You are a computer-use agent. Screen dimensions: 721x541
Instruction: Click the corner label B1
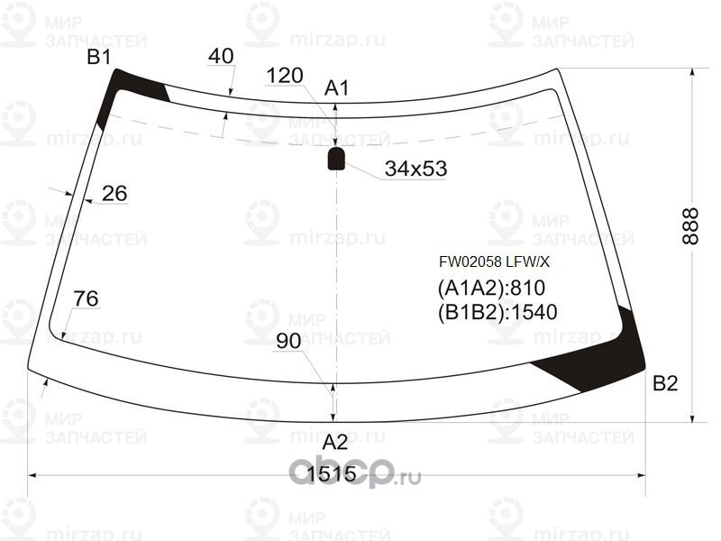click(99, 57)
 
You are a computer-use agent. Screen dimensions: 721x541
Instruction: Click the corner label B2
click(665, 382)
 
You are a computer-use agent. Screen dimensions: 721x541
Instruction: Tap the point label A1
click(336, 87)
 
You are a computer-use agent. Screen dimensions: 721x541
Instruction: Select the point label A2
click(334, 442)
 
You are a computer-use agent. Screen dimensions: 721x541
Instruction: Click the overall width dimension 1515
click(331, 473)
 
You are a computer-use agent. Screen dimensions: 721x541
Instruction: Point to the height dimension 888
click(690, 226)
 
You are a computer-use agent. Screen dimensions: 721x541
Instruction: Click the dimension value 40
click(221, 56)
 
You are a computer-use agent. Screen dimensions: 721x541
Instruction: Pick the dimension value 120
click(285, 76)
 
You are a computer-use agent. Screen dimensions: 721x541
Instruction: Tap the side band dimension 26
click(114, 193)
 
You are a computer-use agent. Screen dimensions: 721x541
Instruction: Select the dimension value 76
click(86, 298)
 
